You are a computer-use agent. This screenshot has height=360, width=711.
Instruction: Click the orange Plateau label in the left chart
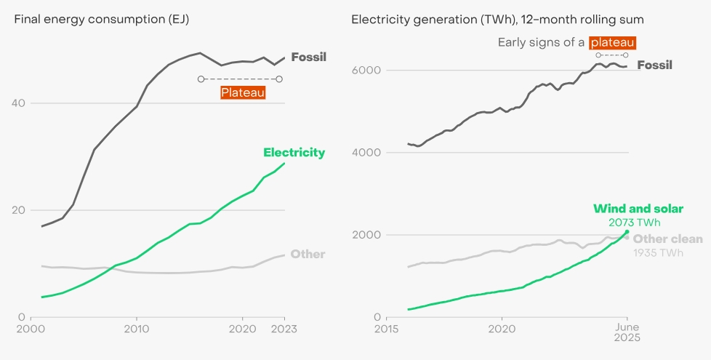coord(243,92)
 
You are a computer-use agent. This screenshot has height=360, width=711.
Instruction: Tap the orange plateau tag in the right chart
coord(612,43)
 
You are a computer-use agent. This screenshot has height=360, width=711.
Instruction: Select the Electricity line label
coord(294,153)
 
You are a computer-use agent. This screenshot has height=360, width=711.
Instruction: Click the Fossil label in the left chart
coord(308,57)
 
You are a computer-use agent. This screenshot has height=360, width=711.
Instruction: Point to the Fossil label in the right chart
coord(654,65)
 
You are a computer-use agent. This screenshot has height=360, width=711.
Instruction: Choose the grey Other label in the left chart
coord(308,255)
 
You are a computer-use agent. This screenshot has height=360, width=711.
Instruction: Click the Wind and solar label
coord(638,209)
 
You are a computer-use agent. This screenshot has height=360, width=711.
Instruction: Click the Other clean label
coord(668,239)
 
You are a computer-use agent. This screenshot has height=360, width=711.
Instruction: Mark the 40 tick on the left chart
coord(19,103)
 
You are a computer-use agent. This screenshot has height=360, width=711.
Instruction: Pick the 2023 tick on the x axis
coord(283,329)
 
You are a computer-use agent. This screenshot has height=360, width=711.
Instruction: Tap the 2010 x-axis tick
coord(136,329)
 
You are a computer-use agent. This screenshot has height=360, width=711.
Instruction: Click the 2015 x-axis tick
coord(386,329)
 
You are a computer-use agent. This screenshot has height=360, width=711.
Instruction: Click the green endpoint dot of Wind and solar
coord(627,232)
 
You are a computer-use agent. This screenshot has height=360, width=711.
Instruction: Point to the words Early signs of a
coord(541,43)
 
